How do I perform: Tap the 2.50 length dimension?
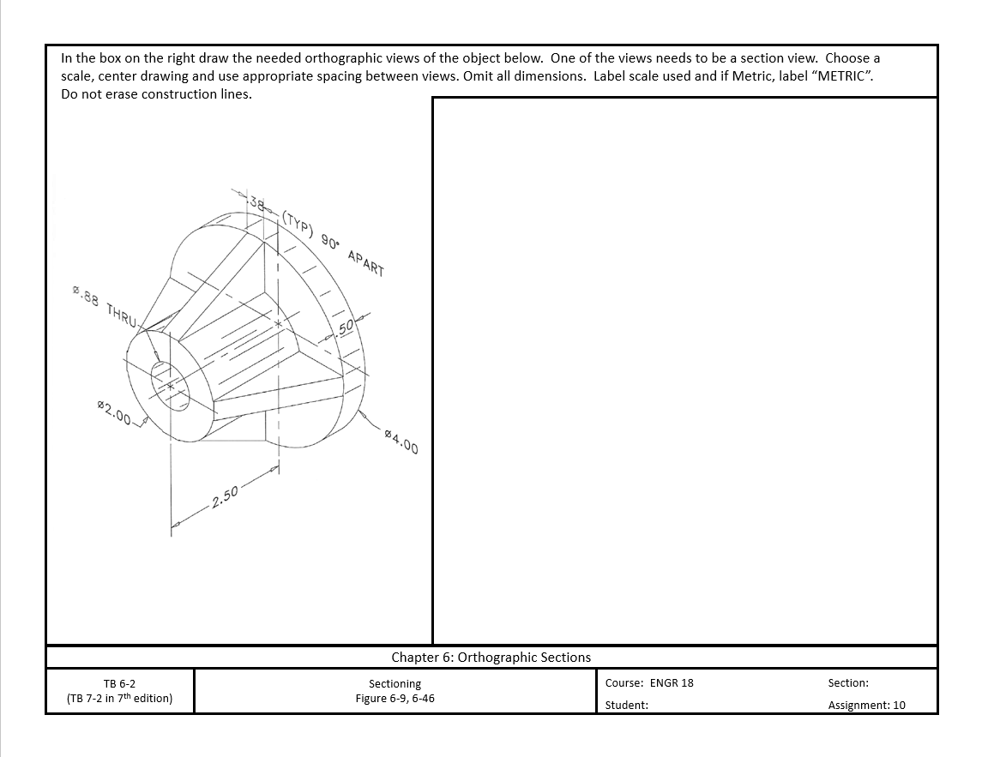(x=226, y=496)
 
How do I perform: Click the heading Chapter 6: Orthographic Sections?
(x=491, y=658)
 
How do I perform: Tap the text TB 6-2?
(x=119, y=683)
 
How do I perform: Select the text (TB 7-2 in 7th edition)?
(x=119, y=698)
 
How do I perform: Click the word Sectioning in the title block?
(x=395, y=683)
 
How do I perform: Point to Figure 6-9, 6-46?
(x=395, y=698)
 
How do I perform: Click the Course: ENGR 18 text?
(x=648, y=683)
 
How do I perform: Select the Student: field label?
(x=626, y=705)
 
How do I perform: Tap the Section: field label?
(x=847, y=683)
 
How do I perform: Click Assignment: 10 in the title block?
(x=866, y=705)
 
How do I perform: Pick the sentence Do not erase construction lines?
(x=156, y=94)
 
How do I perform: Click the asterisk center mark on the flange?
(x=278, y=325)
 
